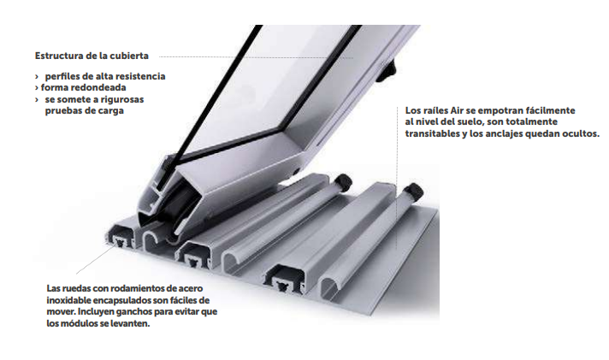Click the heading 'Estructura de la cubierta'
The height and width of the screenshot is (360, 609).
[x=92, y=56]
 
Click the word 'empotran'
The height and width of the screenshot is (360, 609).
[x=503, y=111]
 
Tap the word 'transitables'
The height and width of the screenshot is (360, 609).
[x=430, y=133]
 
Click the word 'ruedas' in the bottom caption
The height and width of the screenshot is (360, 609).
[x=77, y=288]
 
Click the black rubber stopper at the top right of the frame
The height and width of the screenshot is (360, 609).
[x=387, y=70]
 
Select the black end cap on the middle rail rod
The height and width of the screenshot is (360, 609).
[x=342, y=181]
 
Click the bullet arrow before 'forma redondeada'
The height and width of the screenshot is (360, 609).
[x=37, y=88]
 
